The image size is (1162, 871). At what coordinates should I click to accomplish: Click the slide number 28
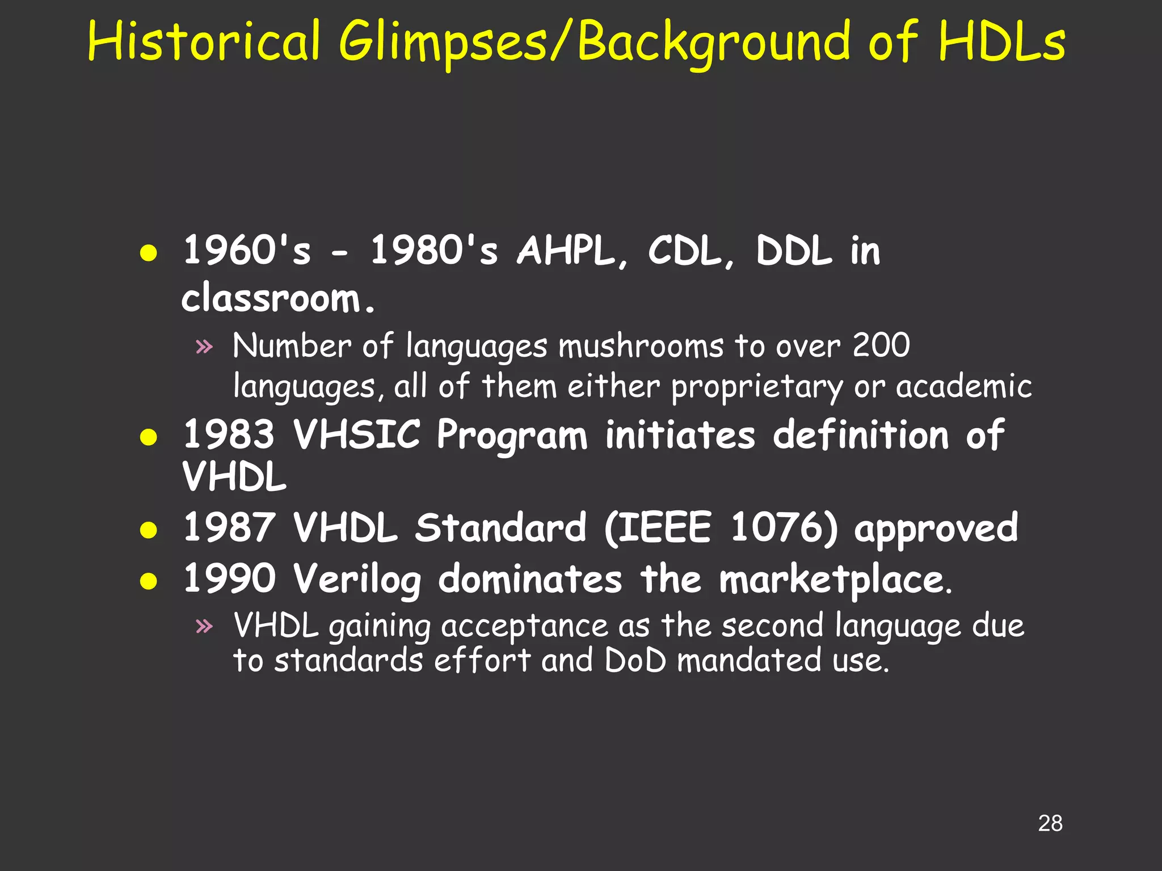[1050, 823]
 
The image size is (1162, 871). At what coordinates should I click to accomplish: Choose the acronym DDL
[794, 251]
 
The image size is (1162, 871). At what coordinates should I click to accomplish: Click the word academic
[964, 387]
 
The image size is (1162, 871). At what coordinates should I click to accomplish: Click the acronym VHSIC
[357, 434]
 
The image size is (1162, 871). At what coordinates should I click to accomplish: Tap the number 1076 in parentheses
[776, 527]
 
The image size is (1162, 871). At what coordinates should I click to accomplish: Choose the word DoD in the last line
[635, 661]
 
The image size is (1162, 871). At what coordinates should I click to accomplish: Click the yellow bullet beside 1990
[149, 581]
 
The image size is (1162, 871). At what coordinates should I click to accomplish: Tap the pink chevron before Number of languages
[204, 346]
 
